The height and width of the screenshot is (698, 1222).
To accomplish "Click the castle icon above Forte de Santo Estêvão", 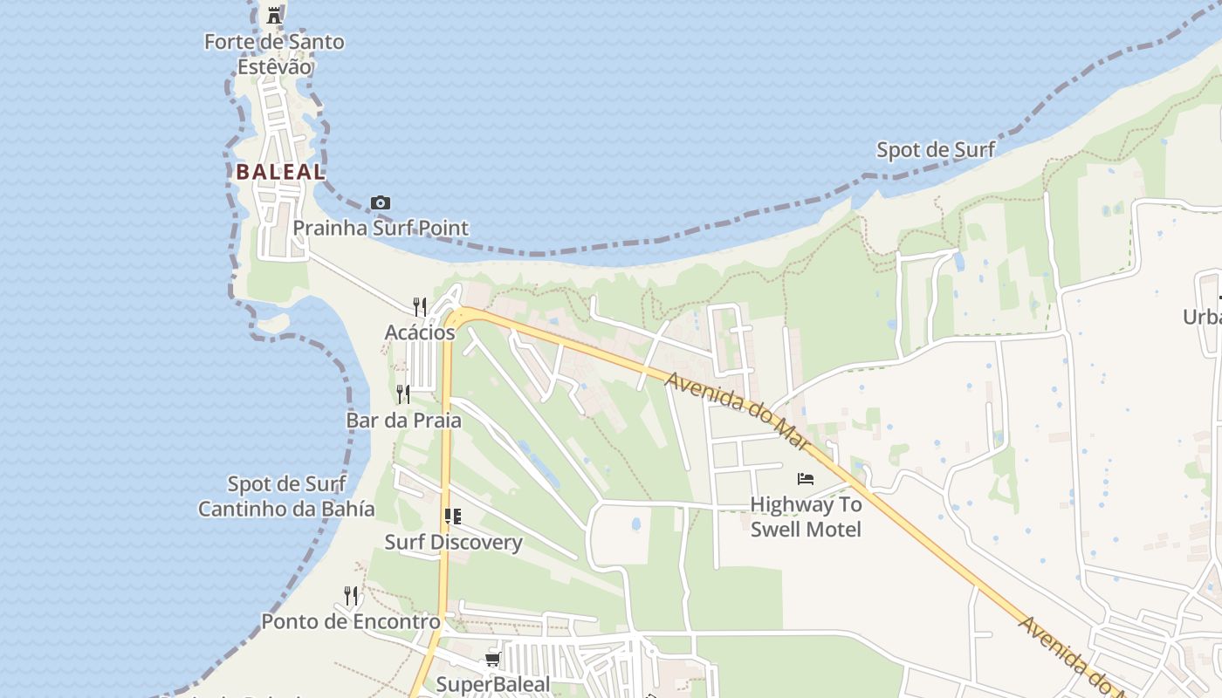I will click(x=274, y=15).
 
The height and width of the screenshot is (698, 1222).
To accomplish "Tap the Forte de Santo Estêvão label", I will click(x=274, y=54).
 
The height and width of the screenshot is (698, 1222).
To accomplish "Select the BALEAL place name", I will click(x=280, y=172).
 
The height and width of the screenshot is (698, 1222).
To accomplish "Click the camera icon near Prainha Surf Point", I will click(x=380, y=203).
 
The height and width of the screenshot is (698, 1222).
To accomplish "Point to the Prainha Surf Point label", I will click(x=381, y=229).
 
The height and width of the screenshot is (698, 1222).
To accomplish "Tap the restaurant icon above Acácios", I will click(x=420, y=306).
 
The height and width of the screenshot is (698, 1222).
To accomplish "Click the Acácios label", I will click(x=420, y=332).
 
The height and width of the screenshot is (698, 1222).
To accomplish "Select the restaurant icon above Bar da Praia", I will click(x=403, y=393).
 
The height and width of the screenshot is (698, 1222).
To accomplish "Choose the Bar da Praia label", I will click(x=404, y=420).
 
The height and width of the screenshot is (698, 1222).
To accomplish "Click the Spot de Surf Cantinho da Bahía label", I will click(x=286, y=496).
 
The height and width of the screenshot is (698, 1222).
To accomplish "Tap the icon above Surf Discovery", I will click(x=452, y=517).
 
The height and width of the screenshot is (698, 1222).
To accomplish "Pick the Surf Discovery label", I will click(x=453, y=542).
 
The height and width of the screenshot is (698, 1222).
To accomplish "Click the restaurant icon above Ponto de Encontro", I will click(x=351, y=596).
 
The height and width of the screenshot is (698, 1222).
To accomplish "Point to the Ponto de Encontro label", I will click(x=351, y=621).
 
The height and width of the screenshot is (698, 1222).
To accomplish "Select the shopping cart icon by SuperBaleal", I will click(x=493, y=660).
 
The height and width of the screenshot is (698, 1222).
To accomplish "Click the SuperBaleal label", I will click(x=493, y=684).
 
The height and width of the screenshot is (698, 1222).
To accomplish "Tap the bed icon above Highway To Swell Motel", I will click(x=806, y=478).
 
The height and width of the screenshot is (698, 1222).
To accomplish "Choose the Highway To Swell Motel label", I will click(x=806, y=517).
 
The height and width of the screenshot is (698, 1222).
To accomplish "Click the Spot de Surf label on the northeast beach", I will click(x=936, y=150).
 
